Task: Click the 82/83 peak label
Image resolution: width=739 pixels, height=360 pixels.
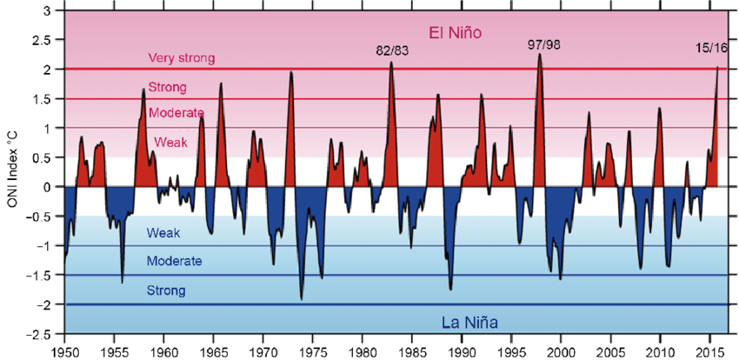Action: click(392, 50)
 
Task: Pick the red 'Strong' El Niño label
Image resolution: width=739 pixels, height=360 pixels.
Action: click(168, 88)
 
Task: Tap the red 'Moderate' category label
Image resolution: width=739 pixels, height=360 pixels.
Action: click(176, 113)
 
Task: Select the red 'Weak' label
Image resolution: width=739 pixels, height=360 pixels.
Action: click(170, 142)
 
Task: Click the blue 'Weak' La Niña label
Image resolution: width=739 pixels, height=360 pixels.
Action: click(163, 232)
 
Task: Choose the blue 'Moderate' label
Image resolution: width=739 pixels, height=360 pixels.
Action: click(175, 261)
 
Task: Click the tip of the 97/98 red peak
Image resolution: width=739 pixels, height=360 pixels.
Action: click(540, 54)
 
